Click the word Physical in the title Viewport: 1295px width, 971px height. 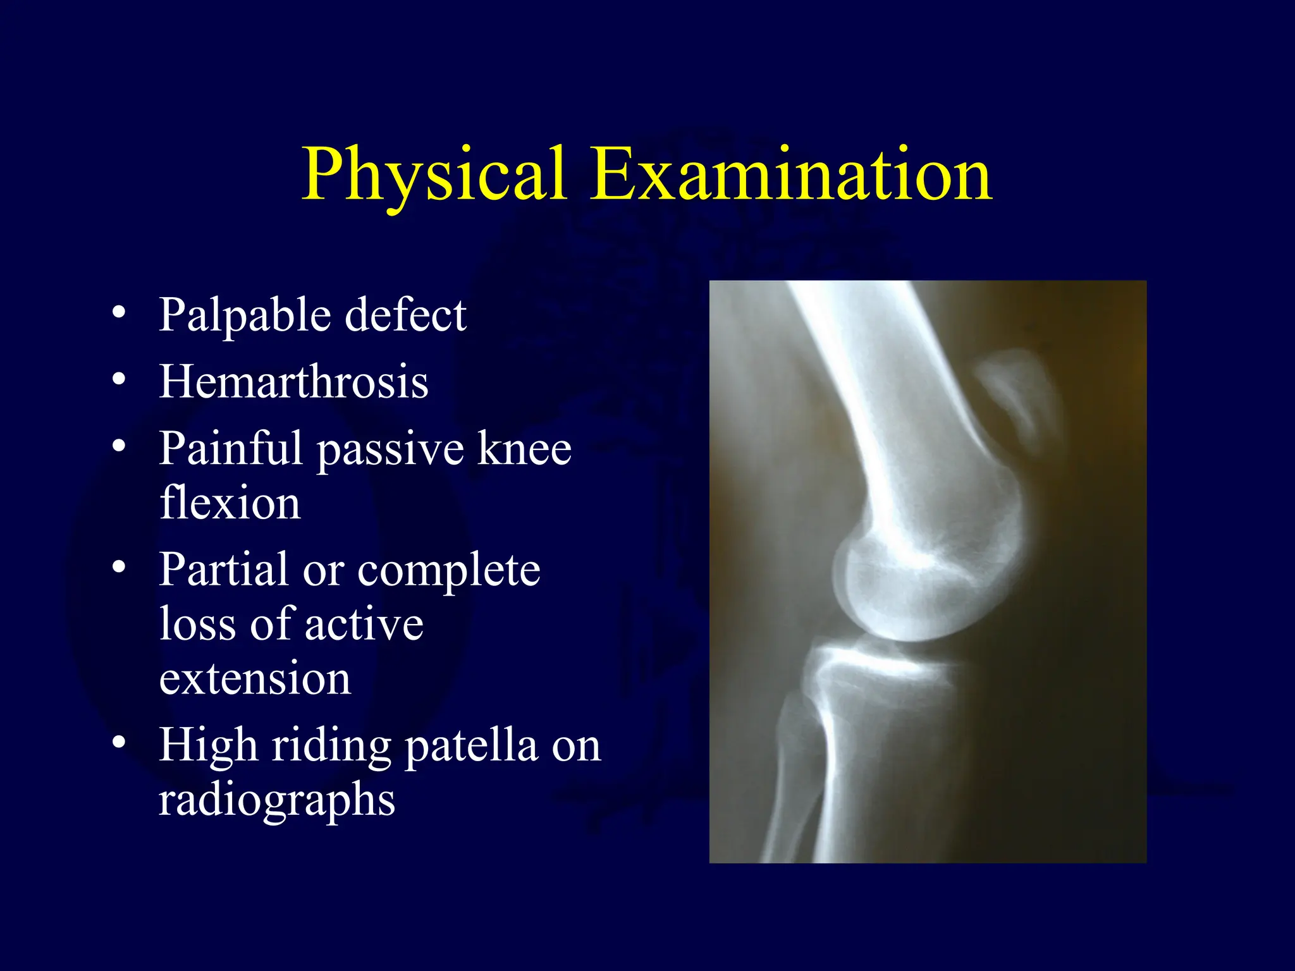tap(433, 175)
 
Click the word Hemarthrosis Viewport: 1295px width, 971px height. tap(293, 382)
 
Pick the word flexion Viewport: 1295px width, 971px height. tap(230, 503)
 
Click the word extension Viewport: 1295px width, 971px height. tap(255, 679)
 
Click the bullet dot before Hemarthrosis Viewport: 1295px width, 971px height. tap(119, 380)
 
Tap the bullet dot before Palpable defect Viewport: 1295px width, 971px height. tap(119, 312)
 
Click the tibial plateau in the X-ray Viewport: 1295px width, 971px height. tap(885, 670)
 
